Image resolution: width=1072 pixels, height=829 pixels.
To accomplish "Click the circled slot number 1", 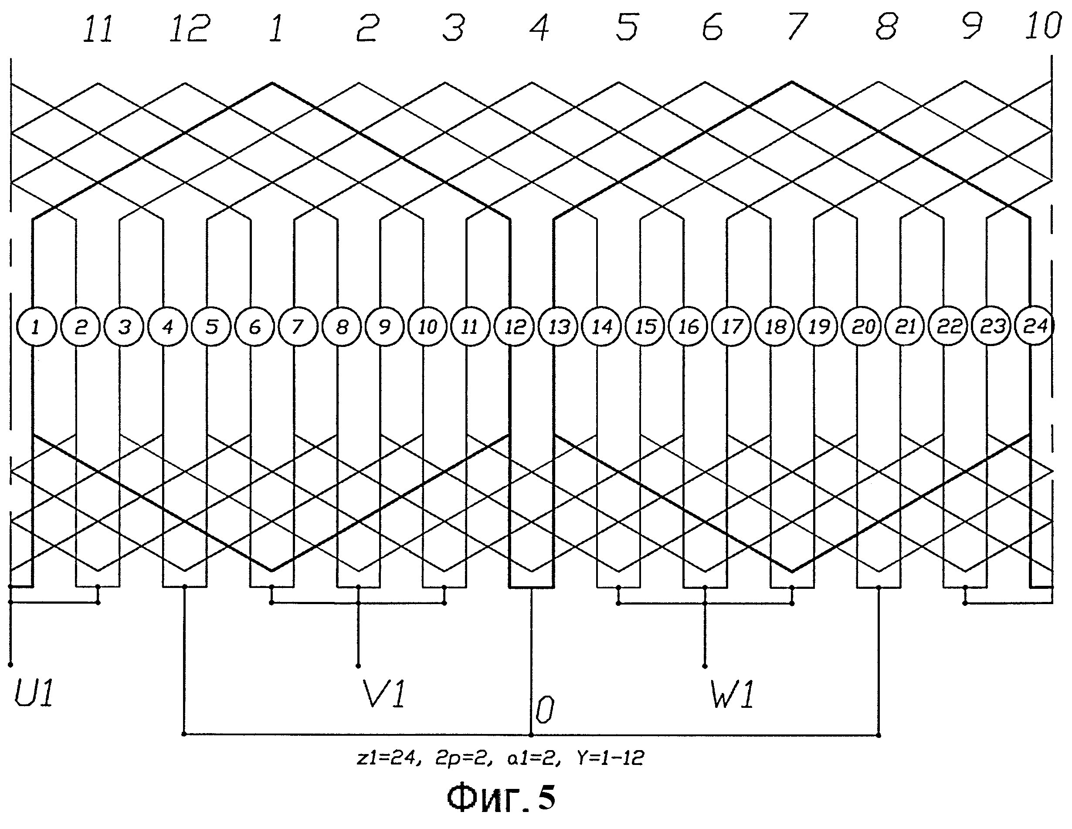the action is tap(37, 327).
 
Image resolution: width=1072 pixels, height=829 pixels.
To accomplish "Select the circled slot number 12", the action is tap(514, 327).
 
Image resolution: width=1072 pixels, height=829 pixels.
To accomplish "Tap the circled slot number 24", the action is tap(1035, 326).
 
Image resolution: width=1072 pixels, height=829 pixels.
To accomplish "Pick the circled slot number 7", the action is tap(298, 327).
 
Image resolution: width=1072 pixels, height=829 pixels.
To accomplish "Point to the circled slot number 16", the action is tap(688, 327).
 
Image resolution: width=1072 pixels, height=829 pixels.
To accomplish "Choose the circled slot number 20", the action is tap(862, 327).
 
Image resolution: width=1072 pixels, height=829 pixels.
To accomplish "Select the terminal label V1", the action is tap(383, 694).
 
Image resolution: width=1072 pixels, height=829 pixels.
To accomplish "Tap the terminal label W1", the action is tap(732, 694).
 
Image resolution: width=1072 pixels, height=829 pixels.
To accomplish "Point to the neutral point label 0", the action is tap(544, 710).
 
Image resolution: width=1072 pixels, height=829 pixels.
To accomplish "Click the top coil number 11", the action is tap(98, 28).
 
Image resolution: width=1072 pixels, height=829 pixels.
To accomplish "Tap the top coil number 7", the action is tap(796, 27).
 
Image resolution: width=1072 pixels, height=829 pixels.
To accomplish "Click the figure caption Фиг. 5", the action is tap(501, 798).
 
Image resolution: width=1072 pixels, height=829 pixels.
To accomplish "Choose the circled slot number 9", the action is tap(384, 327).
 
